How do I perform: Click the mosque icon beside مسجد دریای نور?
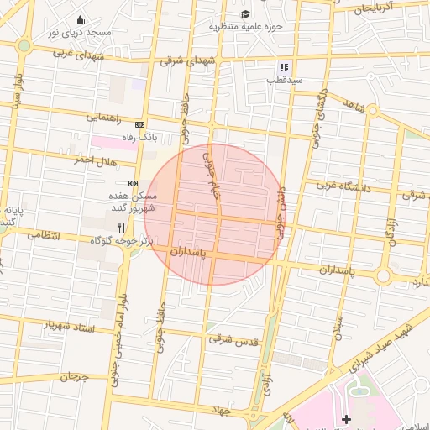click(x=81, y=20)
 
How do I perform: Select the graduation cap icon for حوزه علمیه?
click(x=245, y=13)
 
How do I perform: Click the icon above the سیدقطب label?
click(x=284, y=67)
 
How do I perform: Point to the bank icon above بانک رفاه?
click(x=139, y=124)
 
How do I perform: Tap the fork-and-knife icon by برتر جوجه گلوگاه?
click(x=122, y=228)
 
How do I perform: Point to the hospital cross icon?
click(x=346, y=418)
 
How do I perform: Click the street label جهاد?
click(x=221, y=409)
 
